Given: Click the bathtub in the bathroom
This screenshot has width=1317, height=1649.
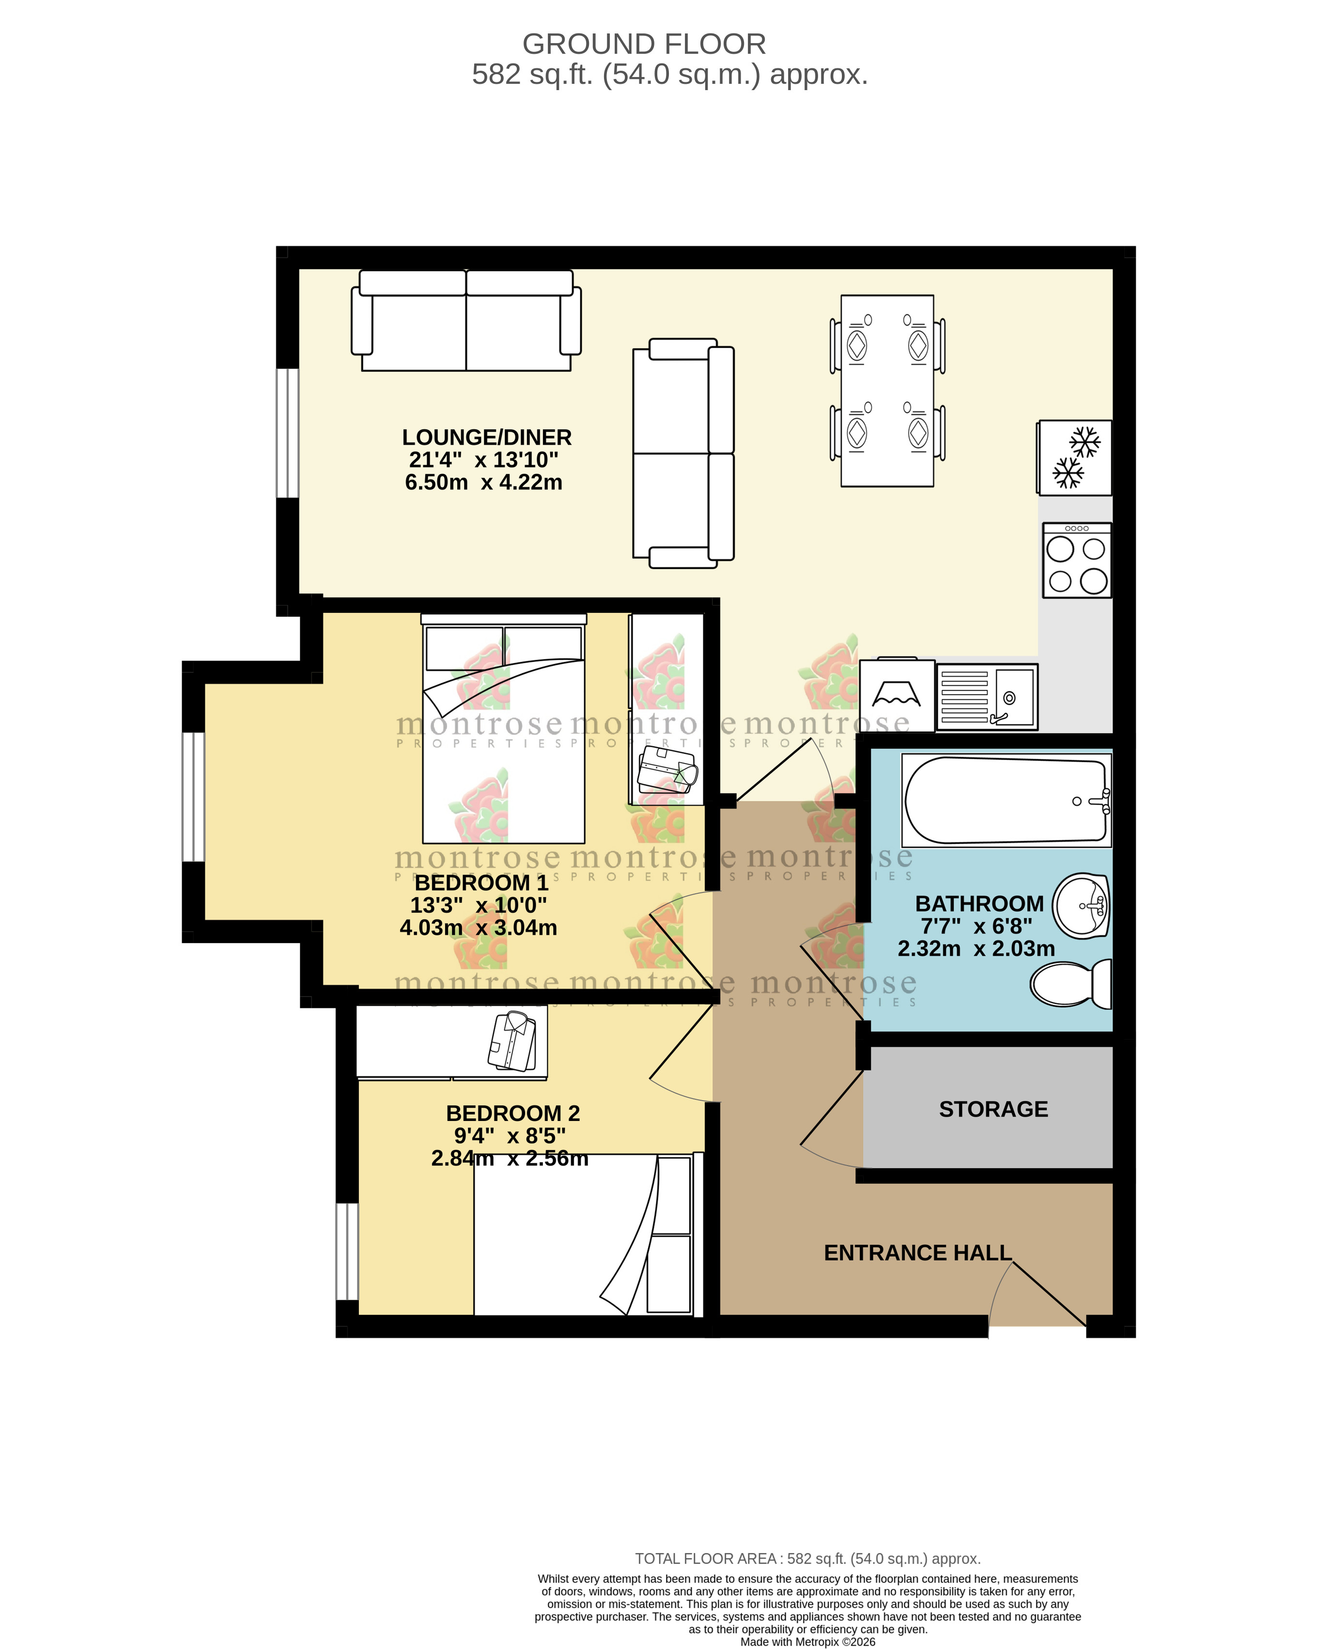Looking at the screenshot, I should [1005, 800].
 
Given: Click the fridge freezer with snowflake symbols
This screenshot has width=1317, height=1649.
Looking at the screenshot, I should [1074, 457].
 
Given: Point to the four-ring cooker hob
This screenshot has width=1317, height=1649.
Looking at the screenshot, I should [1076, 560].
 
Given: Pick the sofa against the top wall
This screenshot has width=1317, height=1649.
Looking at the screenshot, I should [466, 321].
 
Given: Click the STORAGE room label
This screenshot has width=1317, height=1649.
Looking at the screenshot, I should [993, 1109].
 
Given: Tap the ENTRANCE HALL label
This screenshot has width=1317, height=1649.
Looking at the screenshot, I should [917, 1253].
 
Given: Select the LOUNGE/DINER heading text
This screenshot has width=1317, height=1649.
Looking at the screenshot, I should [486, 437].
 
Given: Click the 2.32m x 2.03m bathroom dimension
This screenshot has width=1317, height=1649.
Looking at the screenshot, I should [976, 949].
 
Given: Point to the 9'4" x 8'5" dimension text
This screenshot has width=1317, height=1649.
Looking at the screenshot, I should [510, 1136].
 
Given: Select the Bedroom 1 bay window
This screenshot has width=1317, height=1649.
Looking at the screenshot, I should [193, 796].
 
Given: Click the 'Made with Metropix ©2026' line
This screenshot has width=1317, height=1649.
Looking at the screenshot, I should [807, 1641].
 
